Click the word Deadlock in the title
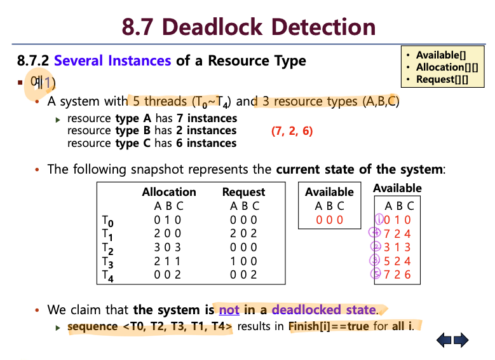point(212,27)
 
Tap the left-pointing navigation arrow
point(444,340)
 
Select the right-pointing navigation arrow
point(461,340)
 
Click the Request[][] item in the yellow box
point(442,80)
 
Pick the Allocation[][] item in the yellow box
point(447,67)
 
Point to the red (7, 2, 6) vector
point(292,130)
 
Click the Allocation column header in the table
point(169,192)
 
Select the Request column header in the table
point(244,192)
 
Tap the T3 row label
point(107,262)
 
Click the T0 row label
point(107,221)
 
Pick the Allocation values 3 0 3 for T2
point(167,247)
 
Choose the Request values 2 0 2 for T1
point(243,233)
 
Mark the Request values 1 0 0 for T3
point(243,261)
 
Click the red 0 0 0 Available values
point(329,219)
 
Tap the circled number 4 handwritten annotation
point(375,233)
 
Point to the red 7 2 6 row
point(397,274)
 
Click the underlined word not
point(229,310)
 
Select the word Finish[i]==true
point(329,326)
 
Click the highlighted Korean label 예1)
point(43,83)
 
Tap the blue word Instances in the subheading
point(140,60)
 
